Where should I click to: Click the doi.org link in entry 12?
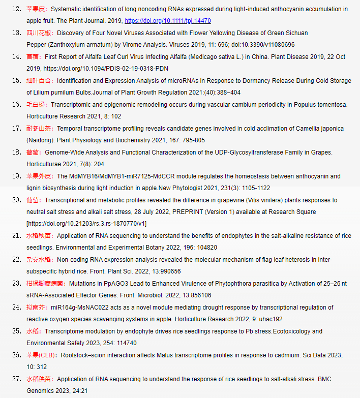pyautogui.click(x=167, y=21)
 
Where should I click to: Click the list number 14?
pyautogui.click(x=16, y=56)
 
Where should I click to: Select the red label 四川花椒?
pyautogui.click(x=39, y=33)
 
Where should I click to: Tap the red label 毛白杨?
pyautogui.click(x=36, y=104)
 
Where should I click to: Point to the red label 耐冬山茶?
pyautogui.click(x=39, y=128)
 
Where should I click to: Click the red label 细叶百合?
pyautogui.click(x=39, y=80)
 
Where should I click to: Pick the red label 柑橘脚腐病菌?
pyautogui.click(x=45, y=283)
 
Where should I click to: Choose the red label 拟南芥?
pyautogui.click(x=36, y=307)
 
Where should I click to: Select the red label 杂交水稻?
pyautogui.click(x=39, y=259)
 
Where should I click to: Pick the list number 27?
pyautogui.click(x=16, y=379)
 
